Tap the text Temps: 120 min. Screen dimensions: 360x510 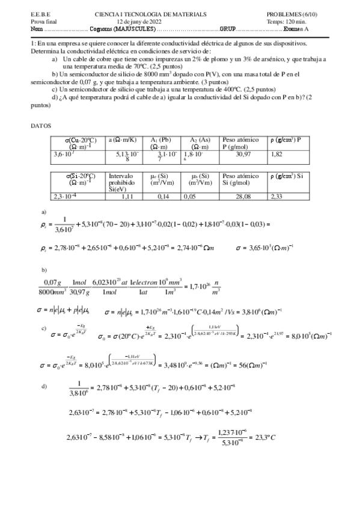(286, 21)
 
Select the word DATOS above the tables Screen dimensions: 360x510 (41, 126)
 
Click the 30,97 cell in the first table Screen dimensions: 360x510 (243, 155)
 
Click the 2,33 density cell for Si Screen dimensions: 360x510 (277, 196)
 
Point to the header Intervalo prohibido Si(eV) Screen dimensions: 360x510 (124, 182)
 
